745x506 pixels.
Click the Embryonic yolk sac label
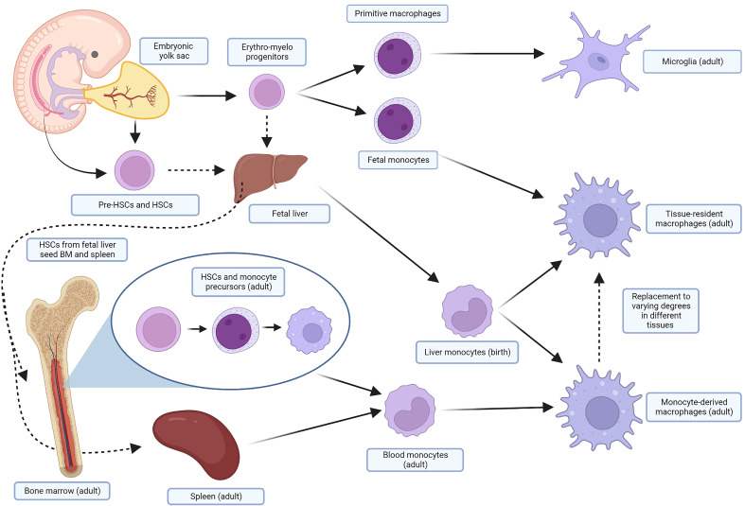173,51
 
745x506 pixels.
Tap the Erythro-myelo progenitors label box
267,52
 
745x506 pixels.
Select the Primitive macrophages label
398,13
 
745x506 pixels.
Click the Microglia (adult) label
692,61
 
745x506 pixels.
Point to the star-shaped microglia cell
596,57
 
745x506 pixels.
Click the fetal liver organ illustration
270,177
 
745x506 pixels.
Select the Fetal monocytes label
399,160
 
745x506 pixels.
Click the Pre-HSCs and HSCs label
135,205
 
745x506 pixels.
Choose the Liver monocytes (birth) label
467,352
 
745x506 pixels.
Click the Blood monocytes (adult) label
416,460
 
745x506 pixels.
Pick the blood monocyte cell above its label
410,410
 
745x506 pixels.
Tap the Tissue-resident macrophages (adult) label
694,218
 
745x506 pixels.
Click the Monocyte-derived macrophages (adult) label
694,408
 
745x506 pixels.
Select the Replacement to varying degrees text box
661,311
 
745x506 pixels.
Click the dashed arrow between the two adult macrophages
599,317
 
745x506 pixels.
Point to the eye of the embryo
95,54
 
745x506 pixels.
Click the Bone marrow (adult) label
62,491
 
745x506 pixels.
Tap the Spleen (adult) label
216,497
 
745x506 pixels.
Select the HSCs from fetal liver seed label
77,250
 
